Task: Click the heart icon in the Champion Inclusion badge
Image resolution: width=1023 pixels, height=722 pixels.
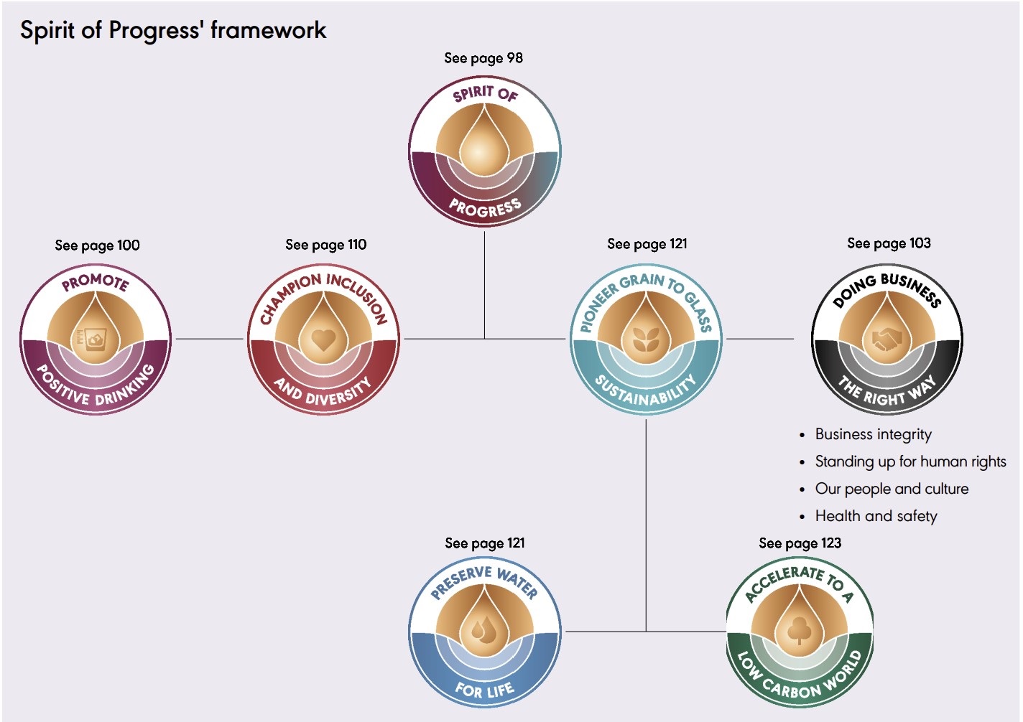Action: pos(323,339)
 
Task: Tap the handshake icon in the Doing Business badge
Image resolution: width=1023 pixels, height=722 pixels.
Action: pos(887,338)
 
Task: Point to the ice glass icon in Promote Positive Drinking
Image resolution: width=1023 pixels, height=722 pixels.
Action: pos(95,339)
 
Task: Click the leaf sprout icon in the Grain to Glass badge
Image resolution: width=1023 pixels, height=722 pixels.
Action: pos(646,339)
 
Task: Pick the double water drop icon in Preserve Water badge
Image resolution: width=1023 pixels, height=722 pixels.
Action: pos(484,631)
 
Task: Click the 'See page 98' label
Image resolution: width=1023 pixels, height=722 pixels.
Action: pos(483,58)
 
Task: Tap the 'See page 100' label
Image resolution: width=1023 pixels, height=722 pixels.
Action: pos(98,245)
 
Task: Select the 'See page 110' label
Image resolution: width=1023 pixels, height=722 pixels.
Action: pos(326,245)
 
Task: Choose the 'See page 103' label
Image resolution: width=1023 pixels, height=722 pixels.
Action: pos(889,243)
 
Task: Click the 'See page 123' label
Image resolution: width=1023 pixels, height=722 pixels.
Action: pos(800,543)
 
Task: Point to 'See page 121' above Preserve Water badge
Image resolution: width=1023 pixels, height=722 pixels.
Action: pos(485,543)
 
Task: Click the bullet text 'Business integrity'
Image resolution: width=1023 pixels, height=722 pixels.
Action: pos(873,434)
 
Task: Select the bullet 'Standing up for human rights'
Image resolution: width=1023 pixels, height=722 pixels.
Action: pos(910,461)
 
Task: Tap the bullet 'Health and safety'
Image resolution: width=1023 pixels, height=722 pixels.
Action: pos(876,516)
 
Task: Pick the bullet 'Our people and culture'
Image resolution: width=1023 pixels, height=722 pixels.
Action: pos(892,489)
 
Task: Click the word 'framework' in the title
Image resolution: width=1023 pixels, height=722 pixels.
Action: pos(269,30)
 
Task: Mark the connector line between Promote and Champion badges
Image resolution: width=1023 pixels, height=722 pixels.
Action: pos(210,339)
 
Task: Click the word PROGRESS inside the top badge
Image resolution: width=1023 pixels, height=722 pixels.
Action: pos(485,207)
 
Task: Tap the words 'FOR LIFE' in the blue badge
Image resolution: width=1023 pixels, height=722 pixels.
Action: pos(485,690)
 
